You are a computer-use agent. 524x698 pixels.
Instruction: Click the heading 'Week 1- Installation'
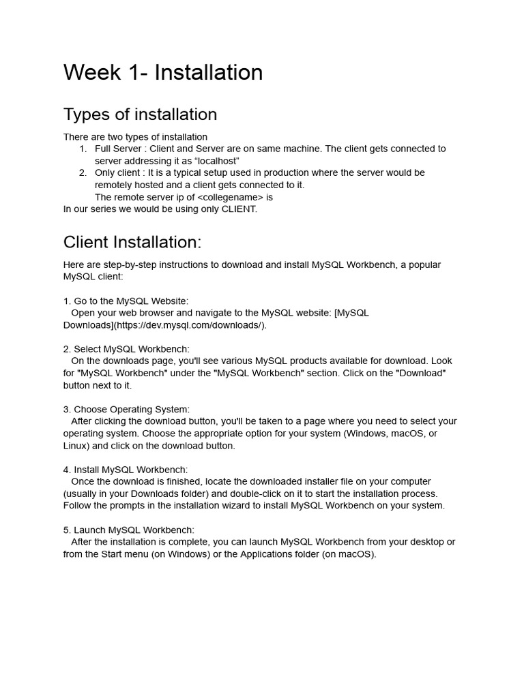click(x=163, y=72)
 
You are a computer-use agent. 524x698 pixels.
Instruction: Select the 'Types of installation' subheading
click(x=140, y=114)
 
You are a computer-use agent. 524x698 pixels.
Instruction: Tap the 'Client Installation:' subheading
click(x=132, y=242)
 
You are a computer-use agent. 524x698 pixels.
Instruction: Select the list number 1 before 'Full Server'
click(x=83, y=149)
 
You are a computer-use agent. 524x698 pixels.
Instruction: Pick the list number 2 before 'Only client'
click(x=83, y=173)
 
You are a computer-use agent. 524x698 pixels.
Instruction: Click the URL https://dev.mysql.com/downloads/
click(x=184, y=325)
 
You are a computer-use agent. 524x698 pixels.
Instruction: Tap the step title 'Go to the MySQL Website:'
click(x=131, y=301)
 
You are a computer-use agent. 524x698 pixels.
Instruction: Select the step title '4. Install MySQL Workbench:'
click(x=126, y=470)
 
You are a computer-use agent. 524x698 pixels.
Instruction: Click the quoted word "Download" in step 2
click(x=424, y=374)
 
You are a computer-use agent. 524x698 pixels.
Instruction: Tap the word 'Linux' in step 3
click(x=76, y=446)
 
